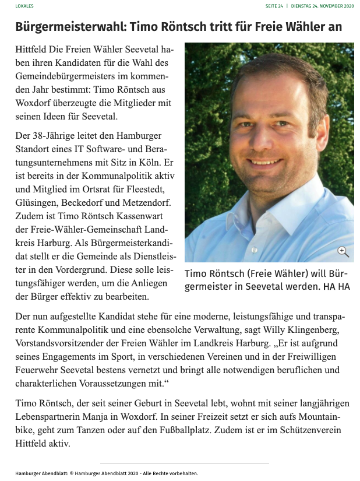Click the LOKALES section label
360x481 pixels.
tap(24, 6)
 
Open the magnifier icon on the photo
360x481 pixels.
tap(343, 252)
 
